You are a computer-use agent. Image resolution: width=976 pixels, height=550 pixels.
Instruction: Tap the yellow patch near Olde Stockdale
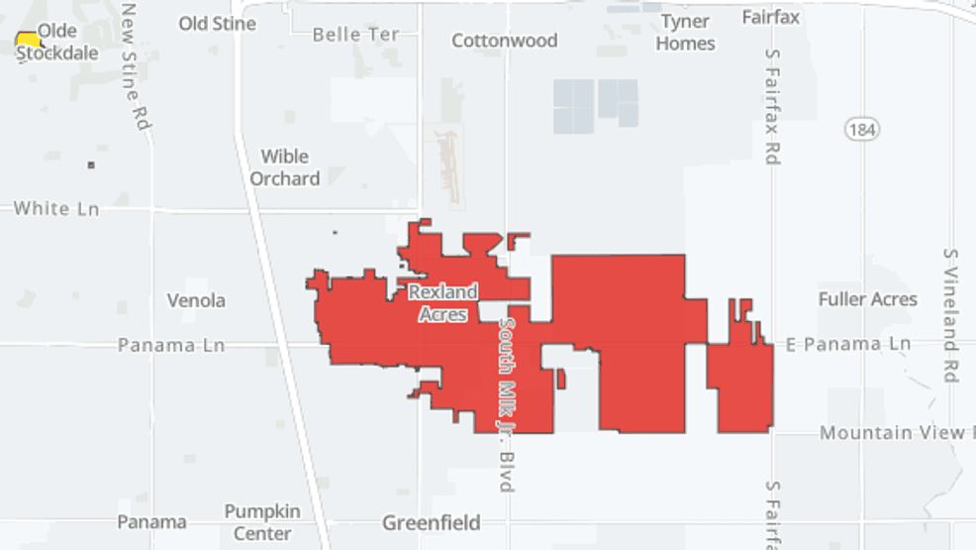pos(29,41)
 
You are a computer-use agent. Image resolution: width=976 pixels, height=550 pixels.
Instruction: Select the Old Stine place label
pos(217,23)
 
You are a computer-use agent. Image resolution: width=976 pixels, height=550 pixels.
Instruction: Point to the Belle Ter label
pos(355,35)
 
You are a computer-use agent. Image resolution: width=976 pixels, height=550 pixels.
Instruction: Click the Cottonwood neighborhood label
pos(504,41)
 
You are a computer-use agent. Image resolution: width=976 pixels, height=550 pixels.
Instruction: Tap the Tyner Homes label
pos(685,33)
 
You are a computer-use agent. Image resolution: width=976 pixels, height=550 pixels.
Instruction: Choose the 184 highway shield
pos(862,129)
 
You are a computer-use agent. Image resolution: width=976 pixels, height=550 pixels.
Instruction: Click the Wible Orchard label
pos(284,167)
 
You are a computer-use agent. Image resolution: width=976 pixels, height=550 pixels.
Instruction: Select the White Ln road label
pos(56,208)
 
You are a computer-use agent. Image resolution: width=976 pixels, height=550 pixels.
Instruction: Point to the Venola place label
pos(196,300)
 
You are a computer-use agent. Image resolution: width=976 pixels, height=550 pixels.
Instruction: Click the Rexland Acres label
pos(442,302)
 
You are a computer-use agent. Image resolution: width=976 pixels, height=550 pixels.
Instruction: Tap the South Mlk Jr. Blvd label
pos(507,403)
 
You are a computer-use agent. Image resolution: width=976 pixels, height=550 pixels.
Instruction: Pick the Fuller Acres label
pos(867,299)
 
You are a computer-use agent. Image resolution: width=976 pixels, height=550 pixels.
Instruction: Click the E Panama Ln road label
pos(847,344)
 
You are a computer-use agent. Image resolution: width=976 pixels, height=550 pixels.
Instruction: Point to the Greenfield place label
pos(432,522)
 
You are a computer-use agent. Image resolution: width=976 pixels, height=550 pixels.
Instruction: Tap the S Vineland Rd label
pos(950,314)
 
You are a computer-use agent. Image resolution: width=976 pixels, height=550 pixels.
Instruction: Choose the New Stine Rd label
pos(136,66)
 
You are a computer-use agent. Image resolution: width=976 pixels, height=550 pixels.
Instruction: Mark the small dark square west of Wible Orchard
pos(91,165)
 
